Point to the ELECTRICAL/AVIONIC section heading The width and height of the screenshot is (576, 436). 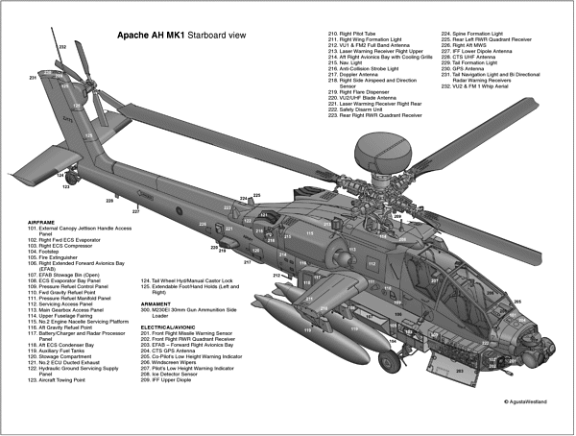[174, 327]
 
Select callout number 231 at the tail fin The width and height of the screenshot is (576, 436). [32, 76]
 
